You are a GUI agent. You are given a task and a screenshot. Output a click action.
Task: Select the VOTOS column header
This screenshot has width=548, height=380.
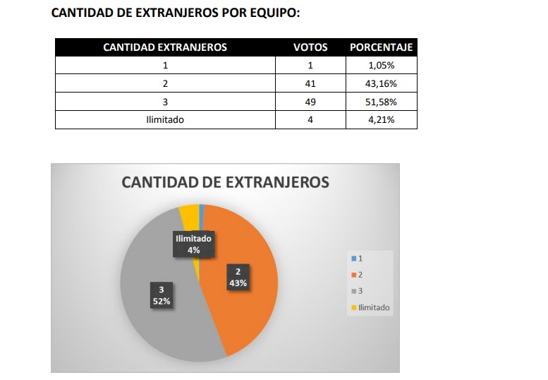pyautogui.click(x=310, y=47)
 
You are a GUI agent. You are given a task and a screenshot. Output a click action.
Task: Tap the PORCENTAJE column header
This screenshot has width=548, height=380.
pyautogui.click(x=381, y=47)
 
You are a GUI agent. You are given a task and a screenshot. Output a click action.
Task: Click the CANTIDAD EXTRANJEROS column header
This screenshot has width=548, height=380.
pyautogui.click(x=164, y=47)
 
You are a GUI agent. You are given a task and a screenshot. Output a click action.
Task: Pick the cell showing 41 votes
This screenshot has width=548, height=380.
pyautogui.click(x=310, y=83)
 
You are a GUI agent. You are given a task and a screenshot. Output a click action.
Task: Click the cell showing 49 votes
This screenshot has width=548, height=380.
pyautogui.click(x=310, y=102)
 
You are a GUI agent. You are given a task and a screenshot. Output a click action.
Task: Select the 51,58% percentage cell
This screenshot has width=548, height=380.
pyautogui.click(x=382, y=102)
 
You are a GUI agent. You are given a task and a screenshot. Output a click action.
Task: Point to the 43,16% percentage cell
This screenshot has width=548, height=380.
pyautogui.click(x=382, y=83)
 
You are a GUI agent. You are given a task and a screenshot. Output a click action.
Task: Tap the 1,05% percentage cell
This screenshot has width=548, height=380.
pyautogui.click(x=382, y=65)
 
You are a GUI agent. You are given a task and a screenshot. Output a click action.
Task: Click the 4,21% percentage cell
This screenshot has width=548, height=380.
pyautogui.click(x=382, y=120)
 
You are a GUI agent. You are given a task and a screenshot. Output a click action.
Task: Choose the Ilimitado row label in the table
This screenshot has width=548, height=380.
pyautogui.click(x=164, y=120)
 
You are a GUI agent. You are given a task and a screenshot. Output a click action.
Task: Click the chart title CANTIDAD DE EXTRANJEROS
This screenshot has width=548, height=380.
pyautogui.click(x=225, y=182)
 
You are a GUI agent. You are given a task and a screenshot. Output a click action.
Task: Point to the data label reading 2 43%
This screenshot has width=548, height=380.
pyautogui.click(x=238, y=277)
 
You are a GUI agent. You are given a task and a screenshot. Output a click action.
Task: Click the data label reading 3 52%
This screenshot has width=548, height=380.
pyautogui.click(x=162, y=295)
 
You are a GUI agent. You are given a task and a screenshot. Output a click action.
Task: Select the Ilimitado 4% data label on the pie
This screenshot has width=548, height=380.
pyautogui.click(x=193, y=244)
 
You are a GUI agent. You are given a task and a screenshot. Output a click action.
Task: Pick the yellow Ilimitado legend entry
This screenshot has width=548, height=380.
pyautogui.click(x=371, y=307)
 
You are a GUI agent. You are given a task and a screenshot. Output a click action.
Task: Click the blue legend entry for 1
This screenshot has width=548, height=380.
pyautogui.click(x=356, y=259)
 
